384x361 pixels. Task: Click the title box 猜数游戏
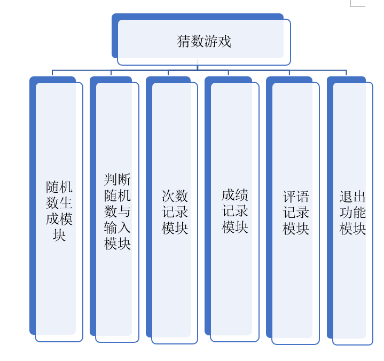pos(203,42)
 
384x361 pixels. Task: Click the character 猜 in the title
pos(184,42)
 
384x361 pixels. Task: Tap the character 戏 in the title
pos(224,42)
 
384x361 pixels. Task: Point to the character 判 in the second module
pos(111,179)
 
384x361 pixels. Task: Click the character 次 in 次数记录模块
pos(168,196)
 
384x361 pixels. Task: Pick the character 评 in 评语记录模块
pos(289,197)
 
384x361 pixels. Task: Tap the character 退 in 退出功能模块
pos(346,197)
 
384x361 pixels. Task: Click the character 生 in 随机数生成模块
pos(66,203)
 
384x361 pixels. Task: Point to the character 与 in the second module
pos(124,211)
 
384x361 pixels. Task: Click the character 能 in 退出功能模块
pos(359,213)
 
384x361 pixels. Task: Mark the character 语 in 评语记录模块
pos(303,197)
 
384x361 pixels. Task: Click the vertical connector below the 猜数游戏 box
pos(198,67)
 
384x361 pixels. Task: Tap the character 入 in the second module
pos(124,227)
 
